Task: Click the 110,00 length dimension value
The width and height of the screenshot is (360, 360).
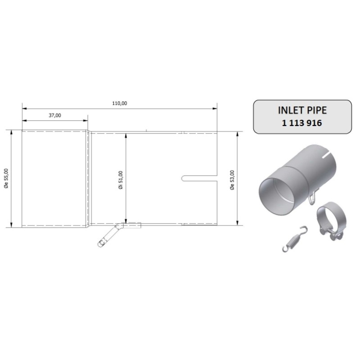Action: pyautogui.click(x=119, y=103)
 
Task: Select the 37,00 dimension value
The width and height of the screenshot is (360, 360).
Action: pyautogui.click(x=55, y=115)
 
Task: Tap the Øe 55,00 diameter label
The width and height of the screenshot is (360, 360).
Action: pyautogui.click(x=5, y=179)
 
